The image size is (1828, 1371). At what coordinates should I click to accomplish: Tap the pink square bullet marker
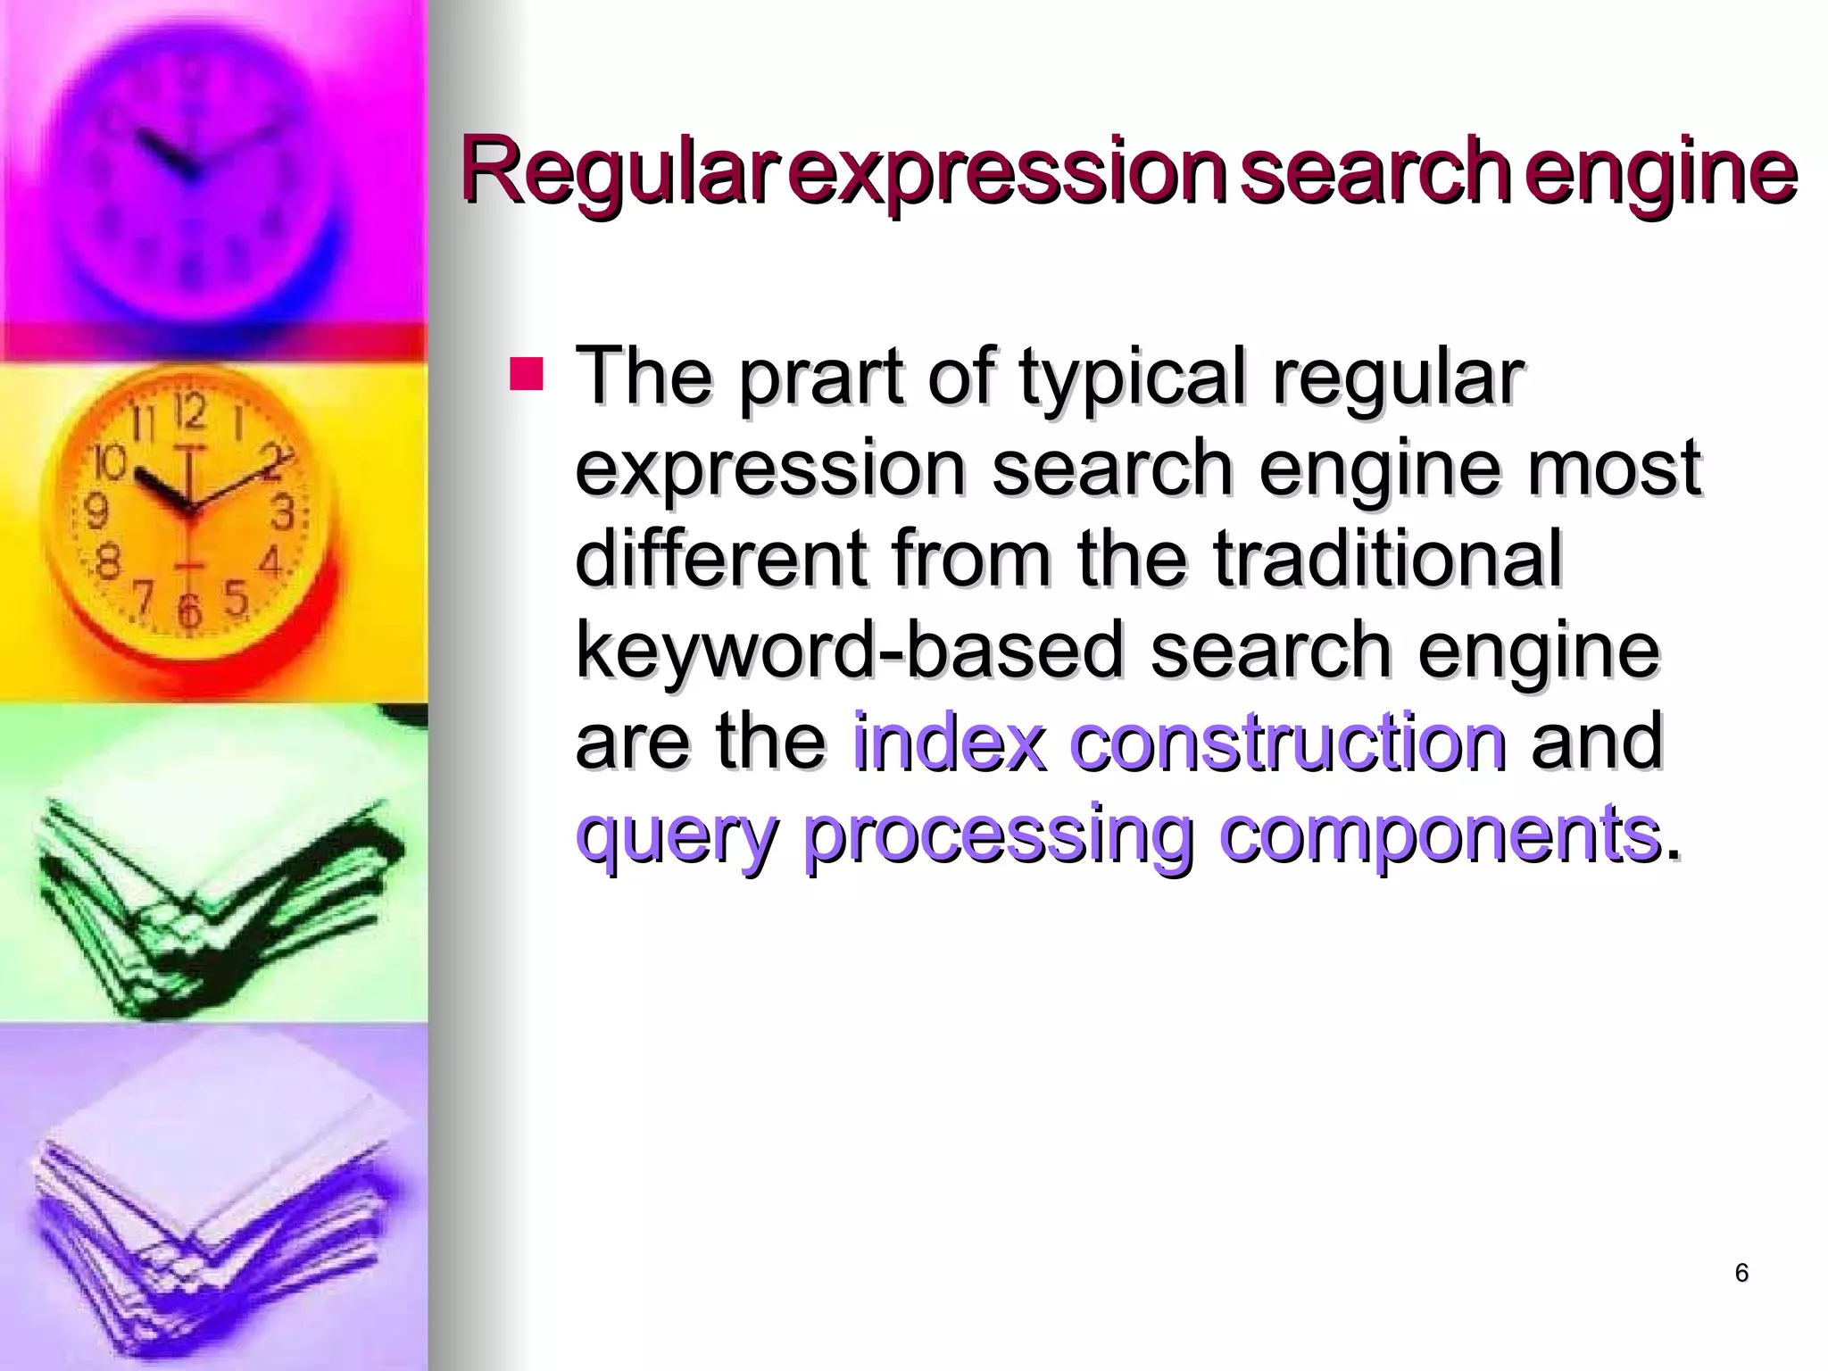click(526, 375)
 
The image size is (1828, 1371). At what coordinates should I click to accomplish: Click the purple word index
click(949, 742)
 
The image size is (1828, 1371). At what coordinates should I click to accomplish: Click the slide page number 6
click(1741, 1273)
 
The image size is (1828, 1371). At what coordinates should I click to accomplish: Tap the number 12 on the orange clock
click(190, 411)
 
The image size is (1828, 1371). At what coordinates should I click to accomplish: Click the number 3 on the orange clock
click(283, 514)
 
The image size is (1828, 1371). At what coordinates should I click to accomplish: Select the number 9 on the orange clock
click(96, 511)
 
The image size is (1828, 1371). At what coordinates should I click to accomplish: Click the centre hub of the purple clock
click(188, 170)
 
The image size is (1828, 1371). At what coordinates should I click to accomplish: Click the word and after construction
click(1597, 742)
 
